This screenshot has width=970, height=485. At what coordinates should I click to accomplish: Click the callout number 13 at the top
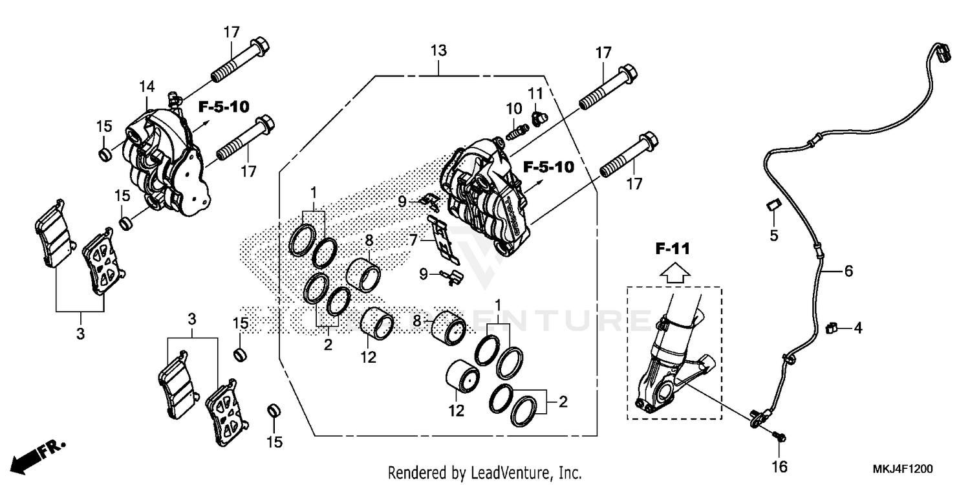click(439, 50)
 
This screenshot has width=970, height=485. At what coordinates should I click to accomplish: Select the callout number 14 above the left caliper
click(146, 86)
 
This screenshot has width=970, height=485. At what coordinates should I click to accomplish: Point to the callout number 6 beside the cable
click(848, 271)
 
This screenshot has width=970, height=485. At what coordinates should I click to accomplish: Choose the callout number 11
click(535, 94)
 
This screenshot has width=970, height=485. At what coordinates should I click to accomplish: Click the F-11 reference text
click(674, 248)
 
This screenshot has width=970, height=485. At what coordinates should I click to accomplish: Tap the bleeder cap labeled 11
click(536, 118)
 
